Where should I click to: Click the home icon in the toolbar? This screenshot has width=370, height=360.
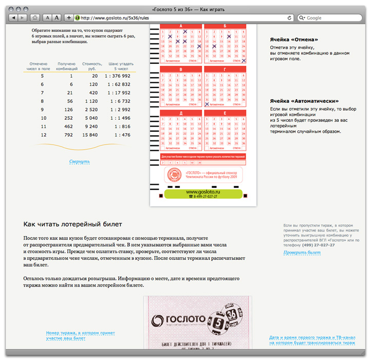[x=34, y=18]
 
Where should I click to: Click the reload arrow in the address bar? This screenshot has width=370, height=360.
[x=289, y=18]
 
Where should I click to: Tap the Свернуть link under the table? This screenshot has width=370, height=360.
[x=80, y=162]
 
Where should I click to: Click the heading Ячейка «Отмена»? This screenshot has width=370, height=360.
[x=294, y=40]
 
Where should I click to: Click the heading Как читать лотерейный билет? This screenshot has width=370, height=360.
[x=72, y=224]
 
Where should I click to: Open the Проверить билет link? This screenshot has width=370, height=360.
[x=302, y=253]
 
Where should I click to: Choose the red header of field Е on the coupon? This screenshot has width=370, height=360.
[x=225, y=113]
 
